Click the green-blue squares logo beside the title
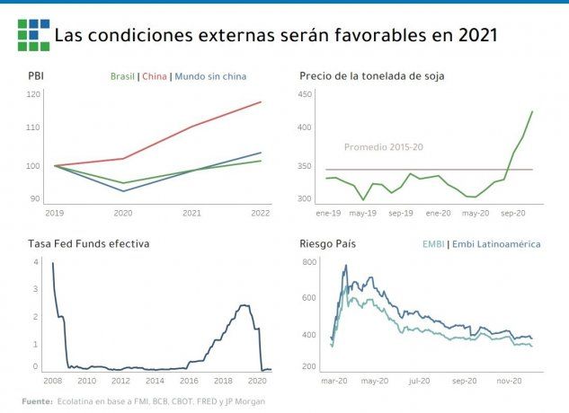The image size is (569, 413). [x=33, y=35]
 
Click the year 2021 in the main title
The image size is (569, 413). [x=477, y=36]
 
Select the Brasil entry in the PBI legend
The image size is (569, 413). [x=122, y=76]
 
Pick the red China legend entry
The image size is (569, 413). [x=154, y=76]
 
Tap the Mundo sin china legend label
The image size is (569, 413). [x=209, y=76]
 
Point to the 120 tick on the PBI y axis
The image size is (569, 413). [x=33, y=93]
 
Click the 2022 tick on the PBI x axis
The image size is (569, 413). [x=261, y=213]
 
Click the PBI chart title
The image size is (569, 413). [x=36, y=76]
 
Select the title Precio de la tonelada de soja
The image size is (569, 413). [x=371, y=76]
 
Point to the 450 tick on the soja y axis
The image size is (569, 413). [x=305, y=93]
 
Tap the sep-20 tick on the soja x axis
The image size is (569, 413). [x=512, y=213]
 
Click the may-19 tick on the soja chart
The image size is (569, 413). [x=362, y=213]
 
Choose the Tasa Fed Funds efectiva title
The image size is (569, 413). [x=88, y=243]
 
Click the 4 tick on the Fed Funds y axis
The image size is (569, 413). [x=36, y=261]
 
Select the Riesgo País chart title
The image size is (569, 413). [x=330, y=243]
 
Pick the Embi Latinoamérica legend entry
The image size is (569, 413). [x=496, y=243]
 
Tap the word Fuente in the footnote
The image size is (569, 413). [x=37, y=400]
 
